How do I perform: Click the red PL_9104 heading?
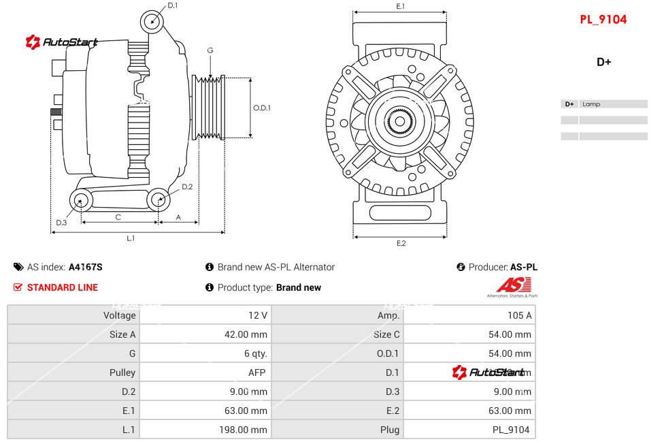pyautogui.click(x=603, y=20)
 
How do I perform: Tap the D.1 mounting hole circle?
pyautogui.click(x=152, y=22)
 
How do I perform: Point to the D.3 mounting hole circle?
pyautogui.click(x=82, y=201)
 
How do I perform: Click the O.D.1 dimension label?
pyautogui.click(x=262, y=108)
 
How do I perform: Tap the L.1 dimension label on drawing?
pyautogui.click(x=131, y=238)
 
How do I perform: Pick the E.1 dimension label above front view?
pyautogui.click(x=400, y=7)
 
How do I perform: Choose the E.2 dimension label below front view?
pyautogui.click(x=401, y=243)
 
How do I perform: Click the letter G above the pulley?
pyautogui.click(x=210, y=51)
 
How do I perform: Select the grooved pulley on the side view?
pyautogui.click(x=209, y=108)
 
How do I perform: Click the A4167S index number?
pyautogui.click(x=86, y=267)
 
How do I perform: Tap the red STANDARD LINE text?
pyautogui.click(x=63, y=287)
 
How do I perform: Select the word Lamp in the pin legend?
pyautogui.click(x=591, y=104)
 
